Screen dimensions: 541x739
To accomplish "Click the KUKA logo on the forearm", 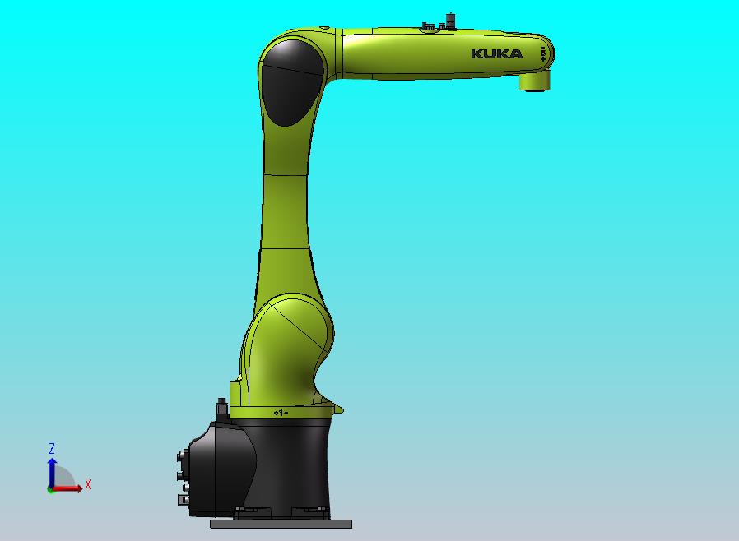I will [x=496, y=54].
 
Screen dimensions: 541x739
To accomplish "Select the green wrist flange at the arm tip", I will [x=536, y=81].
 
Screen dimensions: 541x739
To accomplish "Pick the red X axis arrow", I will [x=69, y=488].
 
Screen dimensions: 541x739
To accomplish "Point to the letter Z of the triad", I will [x=51, y=449].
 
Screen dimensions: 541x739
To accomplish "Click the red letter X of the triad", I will [x=88, y=485].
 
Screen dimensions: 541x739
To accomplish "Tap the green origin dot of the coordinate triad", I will [x=50, y=489].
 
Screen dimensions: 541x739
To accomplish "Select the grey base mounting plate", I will [x=281, y=524].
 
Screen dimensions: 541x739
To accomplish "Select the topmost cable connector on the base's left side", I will [x=180, y=456].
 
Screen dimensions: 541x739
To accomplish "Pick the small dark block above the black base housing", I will [x=221, y=409].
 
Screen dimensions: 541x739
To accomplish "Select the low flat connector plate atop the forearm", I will [x=427, y=27].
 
